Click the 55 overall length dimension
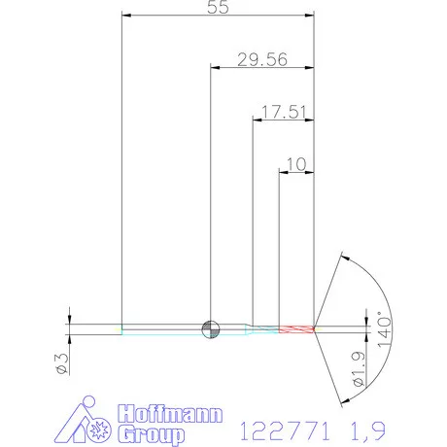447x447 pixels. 218,7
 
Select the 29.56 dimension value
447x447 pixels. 262,60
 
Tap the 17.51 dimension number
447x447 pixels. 284,112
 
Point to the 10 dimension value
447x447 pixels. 296,164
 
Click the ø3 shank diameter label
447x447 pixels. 62,363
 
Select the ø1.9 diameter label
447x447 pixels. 359,369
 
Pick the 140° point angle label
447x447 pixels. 385,329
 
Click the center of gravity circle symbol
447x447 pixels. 211,329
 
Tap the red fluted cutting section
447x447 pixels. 296,329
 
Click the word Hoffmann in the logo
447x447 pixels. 170,414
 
